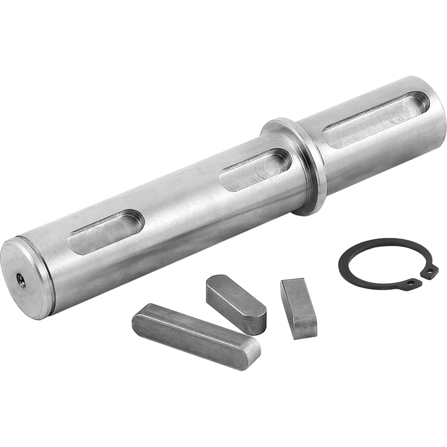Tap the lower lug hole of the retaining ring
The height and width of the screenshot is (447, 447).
tap(410, 283)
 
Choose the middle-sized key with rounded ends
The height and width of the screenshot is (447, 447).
tap(236, 304)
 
